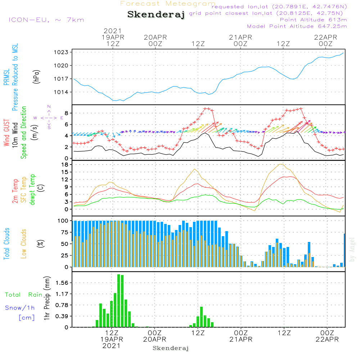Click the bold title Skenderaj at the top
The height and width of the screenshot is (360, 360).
pos(156,15)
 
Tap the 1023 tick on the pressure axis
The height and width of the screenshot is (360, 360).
pos(62,52)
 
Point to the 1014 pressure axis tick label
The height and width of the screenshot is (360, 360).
pos(62,92)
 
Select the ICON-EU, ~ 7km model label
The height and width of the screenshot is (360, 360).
pos(46,20)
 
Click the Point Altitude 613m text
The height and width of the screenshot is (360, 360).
pos(313,20)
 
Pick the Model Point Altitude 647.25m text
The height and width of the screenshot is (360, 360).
pos(297,26)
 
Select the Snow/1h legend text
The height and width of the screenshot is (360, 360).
pos(20,308)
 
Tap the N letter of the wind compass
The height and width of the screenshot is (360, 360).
pos(49,107)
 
